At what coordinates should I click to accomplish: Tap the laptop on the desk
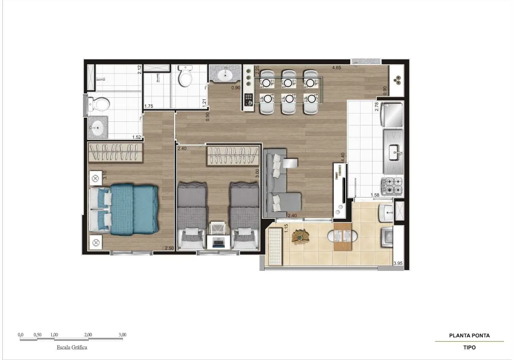click(x=218, y=243)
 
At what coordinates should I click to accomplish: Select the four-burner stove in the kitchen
click(x=392, y=186)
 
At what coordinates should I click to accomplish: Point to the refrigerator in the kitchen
click(x=392, y=115)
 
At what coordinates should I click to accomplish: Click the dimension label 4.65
click(x=336, y=68)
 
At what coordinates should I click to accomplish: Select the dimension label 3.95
click(x=398, y=263)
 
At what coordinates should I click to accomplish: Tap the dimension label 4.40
click(x=343, y=157)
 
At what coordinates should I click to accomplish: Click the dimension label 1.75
click(x=149, y=106)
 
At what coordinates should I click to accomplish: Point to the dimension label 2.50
click(x=169, y=248)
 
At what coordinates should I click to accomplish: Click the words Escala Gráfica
click(x=72, y=348)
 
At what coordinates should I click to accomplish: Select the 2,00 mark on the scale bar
click(x=88, y=335)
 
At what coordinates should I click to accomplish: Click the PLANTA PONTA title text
click(x=469, y=336)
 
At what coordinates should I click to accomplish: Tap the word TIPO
click(x=469, y=348)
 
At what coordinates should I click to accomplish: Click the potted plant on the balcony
click(x=301, y=236)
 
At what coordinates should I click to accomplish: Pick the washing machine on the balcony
click(x=387, y=237)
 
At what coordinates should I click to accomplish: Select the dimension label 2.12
click(x=139, y=70)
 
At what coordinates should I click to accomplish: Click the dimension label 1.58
click(x=375, y=195)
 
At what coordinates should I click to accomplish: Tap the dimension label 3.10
click(x=105, y=175)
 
